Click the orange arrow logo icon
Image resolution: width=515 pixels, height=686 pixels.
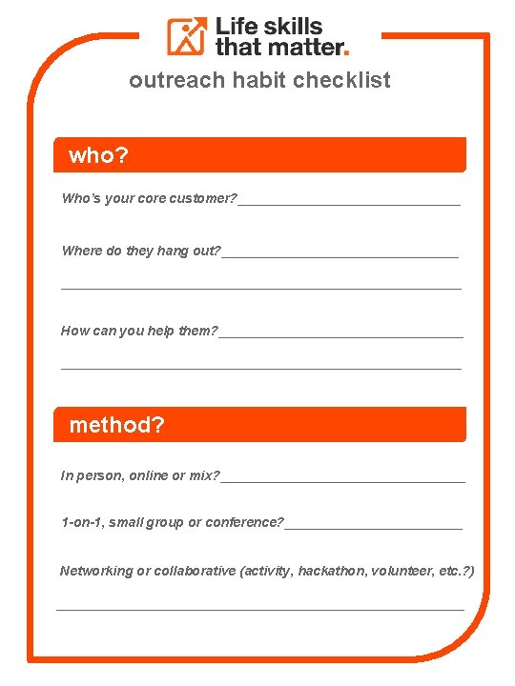tap(188, 36)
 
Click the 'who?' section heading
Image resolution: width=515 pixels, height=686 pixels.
tap(98, 156)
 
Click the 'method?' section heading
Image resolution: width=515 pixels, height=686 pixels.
tap(116, 425)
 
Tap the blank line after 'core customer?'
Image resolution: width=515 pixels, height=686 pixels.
tap(349, 200)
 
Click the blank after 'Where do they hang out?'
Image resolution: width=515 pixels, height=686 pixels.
tap(340, 252)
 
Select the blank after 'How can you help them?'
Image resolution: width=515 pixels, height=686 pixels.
tap(340, 333)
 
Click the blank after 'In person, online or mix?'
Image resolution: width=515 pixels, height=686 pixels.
tap(342, 477)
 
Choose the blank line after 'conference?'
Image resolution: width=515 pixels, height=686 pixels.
tap(374, 524)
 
